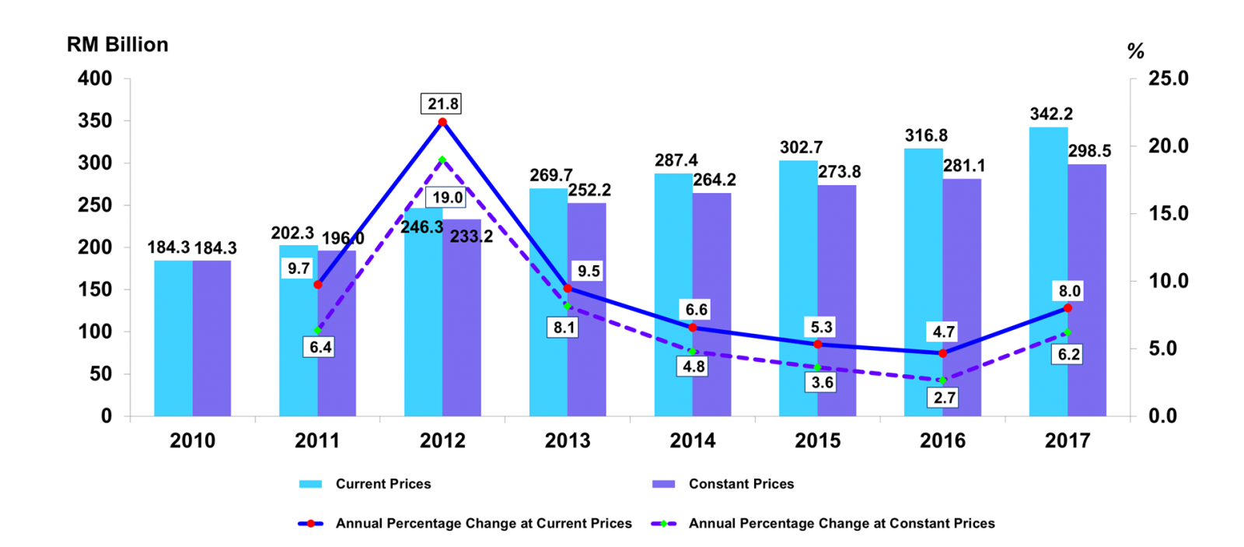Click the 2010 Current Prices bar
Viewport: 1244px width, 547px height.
click(x=173, y=338)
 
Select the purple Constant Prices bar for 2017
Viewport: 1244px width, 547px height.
click(x=1087, y=289)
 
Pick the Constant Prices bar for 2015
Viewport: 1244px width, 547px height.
click(x=837, y=300)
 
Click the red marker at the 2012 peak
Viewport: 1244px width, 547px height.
click(x=442, y=122)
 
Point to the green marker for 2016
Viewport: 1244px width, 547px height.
click(x=942, y=380)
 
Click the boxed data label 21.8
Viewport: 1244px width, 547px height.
click(x=443, y=103)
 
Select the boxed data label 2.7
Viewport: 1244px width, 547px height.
click(x=945, y=398)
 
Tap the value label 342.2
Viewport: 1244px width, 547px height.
click(x=1051, y=114)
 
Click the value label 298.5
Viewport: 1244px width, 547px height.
click(x=1089, y=151)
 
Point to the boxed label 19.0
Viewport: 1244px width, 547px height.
click(x=448, y=198)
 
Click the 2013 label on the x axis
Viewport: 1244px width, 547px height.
click(x=568, y=440)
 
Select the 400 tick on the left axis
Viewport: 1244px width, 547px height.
click(x=95, y=79)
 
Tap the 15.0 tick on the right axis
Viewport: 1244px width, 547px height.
click(x=1169, y=213)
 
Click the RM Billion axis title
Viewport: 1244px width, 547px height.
click(x=117, y=44)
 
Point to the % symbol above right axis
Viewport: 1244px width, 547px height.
click(x=1135, y=51)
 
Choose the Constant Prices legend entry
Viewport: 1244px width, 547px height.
click(x=741, y=484)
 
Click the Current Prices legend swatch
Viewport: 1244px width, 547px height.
click(x=310, y=484)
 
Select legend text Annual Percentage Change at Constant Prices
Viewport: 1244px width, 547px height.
click(x=841, y=524)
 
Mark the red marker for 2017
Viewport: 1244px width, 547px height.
click(x=1068, y=308)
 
